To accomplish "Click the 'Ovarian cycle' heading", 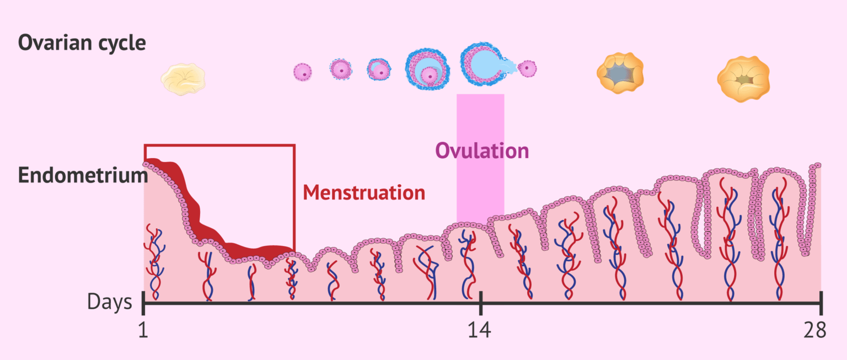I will pyautogui.click(x=82, y=42).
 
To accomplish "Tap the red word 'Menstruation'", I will pyautogui.click(x=364, y=192).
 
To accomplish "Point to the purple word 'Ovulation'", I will pyautogui.click(x=482, y=151).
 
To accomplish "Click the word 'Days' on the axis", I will pyautogui.click(x=110, y=302).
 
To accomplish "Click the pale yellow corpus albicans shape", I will pyautogui.click(x=183, y=79).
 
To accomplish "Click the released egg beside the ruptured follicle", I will pyautogui.click(x=528, y=68).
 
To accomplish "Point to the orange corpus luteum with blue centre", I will pyautogui.click(x=620, y=73).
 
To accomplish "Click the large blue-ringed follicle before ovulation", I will pyautogui.click(x=427, y=70).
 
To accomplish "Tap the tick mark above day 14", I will pyautogui.click(x=480, y=302).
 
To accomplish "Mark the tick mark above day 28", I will pyautogui.click(x=821, y=302).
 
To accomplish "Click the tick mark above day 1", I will pyautogui.click(x=143, y=302).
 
